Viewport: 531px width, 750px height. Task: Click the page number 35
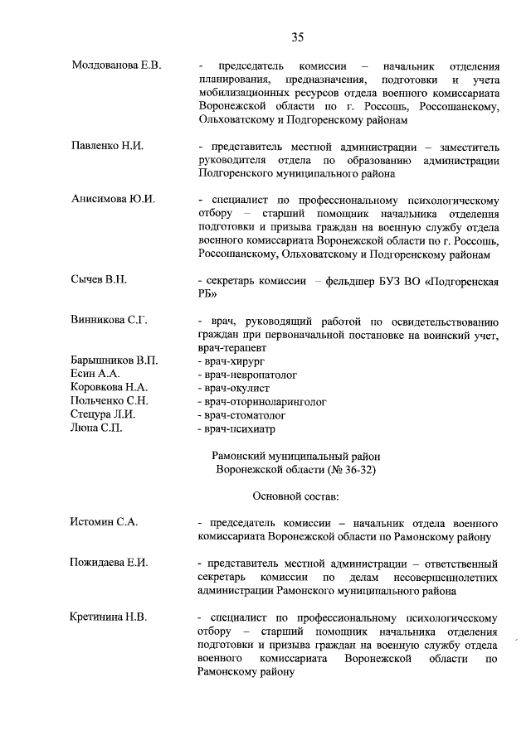click(298, 36)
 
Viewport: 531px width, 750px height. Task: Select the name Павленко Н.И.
click(108, 146)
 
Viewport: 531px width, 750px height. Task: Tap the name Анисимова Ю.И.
click(114, 200)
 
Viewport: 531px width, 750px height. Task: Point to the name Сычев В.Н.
click(99, 280)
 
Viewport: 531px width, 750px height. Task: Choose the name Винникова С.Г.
click(110, 321)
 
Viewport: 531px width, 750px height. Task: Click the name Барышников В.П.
click(114, 361)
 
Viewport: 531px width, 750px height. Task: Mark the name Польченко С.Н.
click(111, 401)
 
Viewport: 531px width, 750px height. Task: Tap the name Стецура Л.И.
click(104, 414)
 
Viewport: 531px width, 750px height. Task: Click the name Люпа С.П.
click(95, 428)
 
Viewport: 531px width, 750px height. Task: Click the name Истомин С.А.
click(104, 522)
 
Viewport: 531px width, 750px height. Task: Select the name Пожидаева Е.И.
click(110, 563)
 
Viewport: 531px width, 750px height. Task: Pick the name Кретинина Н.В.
click(109, 617)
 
